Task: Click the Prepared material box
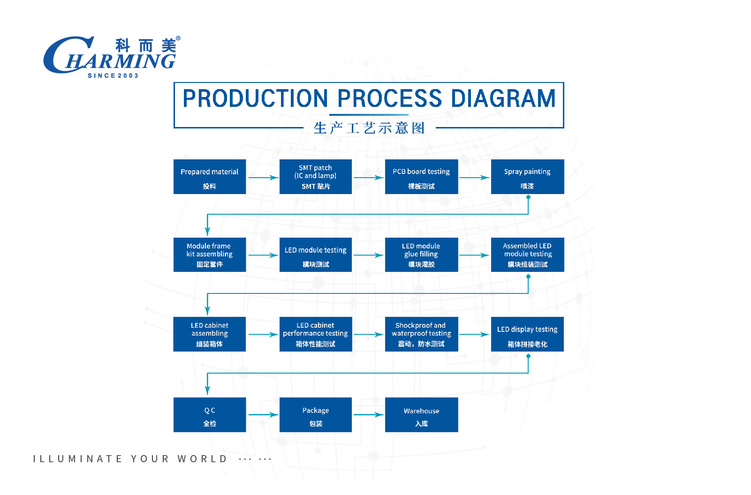coord(210,177)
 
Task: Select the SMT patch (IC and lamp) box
coord(316,177)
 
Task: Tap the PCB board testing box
coord(421,177)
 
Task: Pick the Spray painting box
coord(527,177)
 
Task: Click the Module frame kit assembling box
coord(210,255)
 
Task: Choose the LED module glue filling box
coord(421,255)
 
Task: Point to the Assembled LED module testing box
coord(527,255)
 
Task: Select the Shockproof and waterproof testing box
coord(421,334)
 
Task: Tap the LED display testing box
coord(527,334)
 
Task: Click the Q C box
coord(210,415)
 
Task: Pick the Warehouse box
coord(421,415)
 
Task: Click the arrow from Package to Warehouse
coord(368,414)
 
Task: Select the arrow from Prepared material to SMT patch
coord(264,178)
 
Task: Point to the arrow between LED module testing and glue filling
coord(368,255)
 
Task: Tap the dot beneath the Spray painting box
coord(528,197)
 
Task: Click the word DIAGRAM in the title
coord(503,98)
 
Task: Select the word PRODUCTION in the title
coord(255,98)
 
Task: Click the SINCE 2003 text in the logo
coord(113,76)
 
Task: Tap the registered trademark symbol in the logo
coord(178,38)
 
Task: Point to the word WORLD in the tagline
coord(202,459)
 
